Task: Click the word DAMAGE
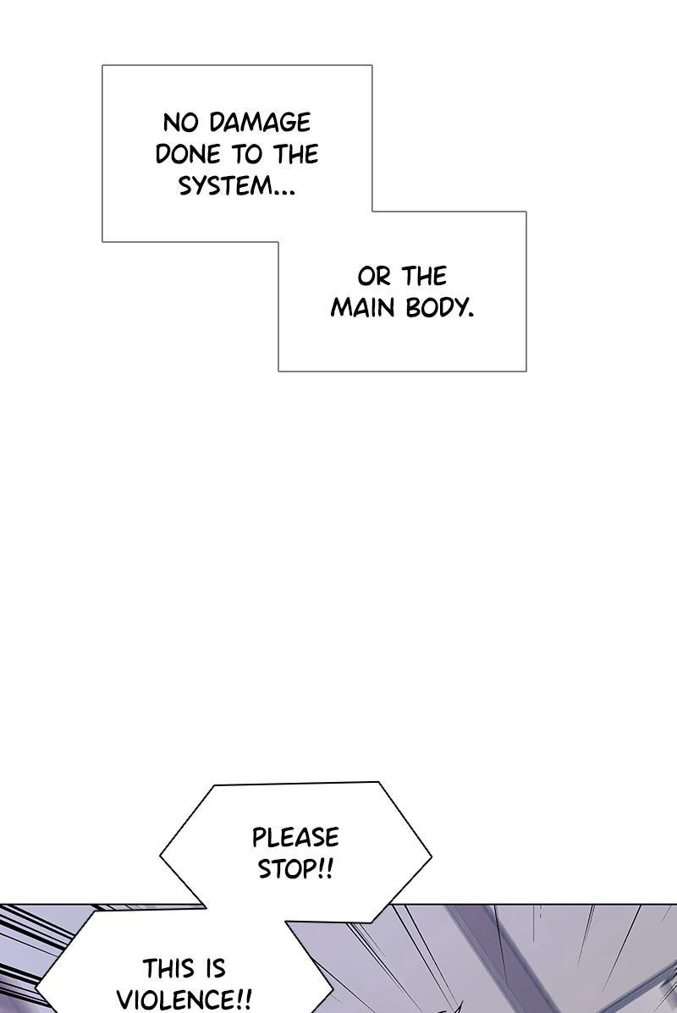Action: (x=260, y=123)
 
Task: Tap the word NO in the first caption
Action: (x=179, y=123)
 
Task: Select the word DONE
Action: (x=188, y=154)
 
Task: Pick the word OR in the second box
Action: (x=374, y=277)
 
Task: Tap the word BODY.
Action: (x=439, y=308)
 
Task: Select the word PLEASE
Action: (x=295, y=838)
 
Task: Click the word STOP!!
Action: (x=295, y=869)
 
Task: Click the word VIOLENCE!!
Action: (x=184, y=999)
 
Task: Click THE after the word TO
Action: (x=295, y=154)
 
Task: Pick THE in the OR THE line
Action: (x=424, y=277)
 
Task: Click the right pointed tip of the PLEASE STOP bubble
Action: (x=431, y=857)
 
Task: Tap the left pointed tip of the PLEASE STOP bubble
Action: (x=161, y=855)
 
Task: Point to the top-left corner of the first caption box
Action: (x=102, y=65)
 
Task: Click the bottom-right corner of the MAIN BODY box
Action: (x=526, y=371)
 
